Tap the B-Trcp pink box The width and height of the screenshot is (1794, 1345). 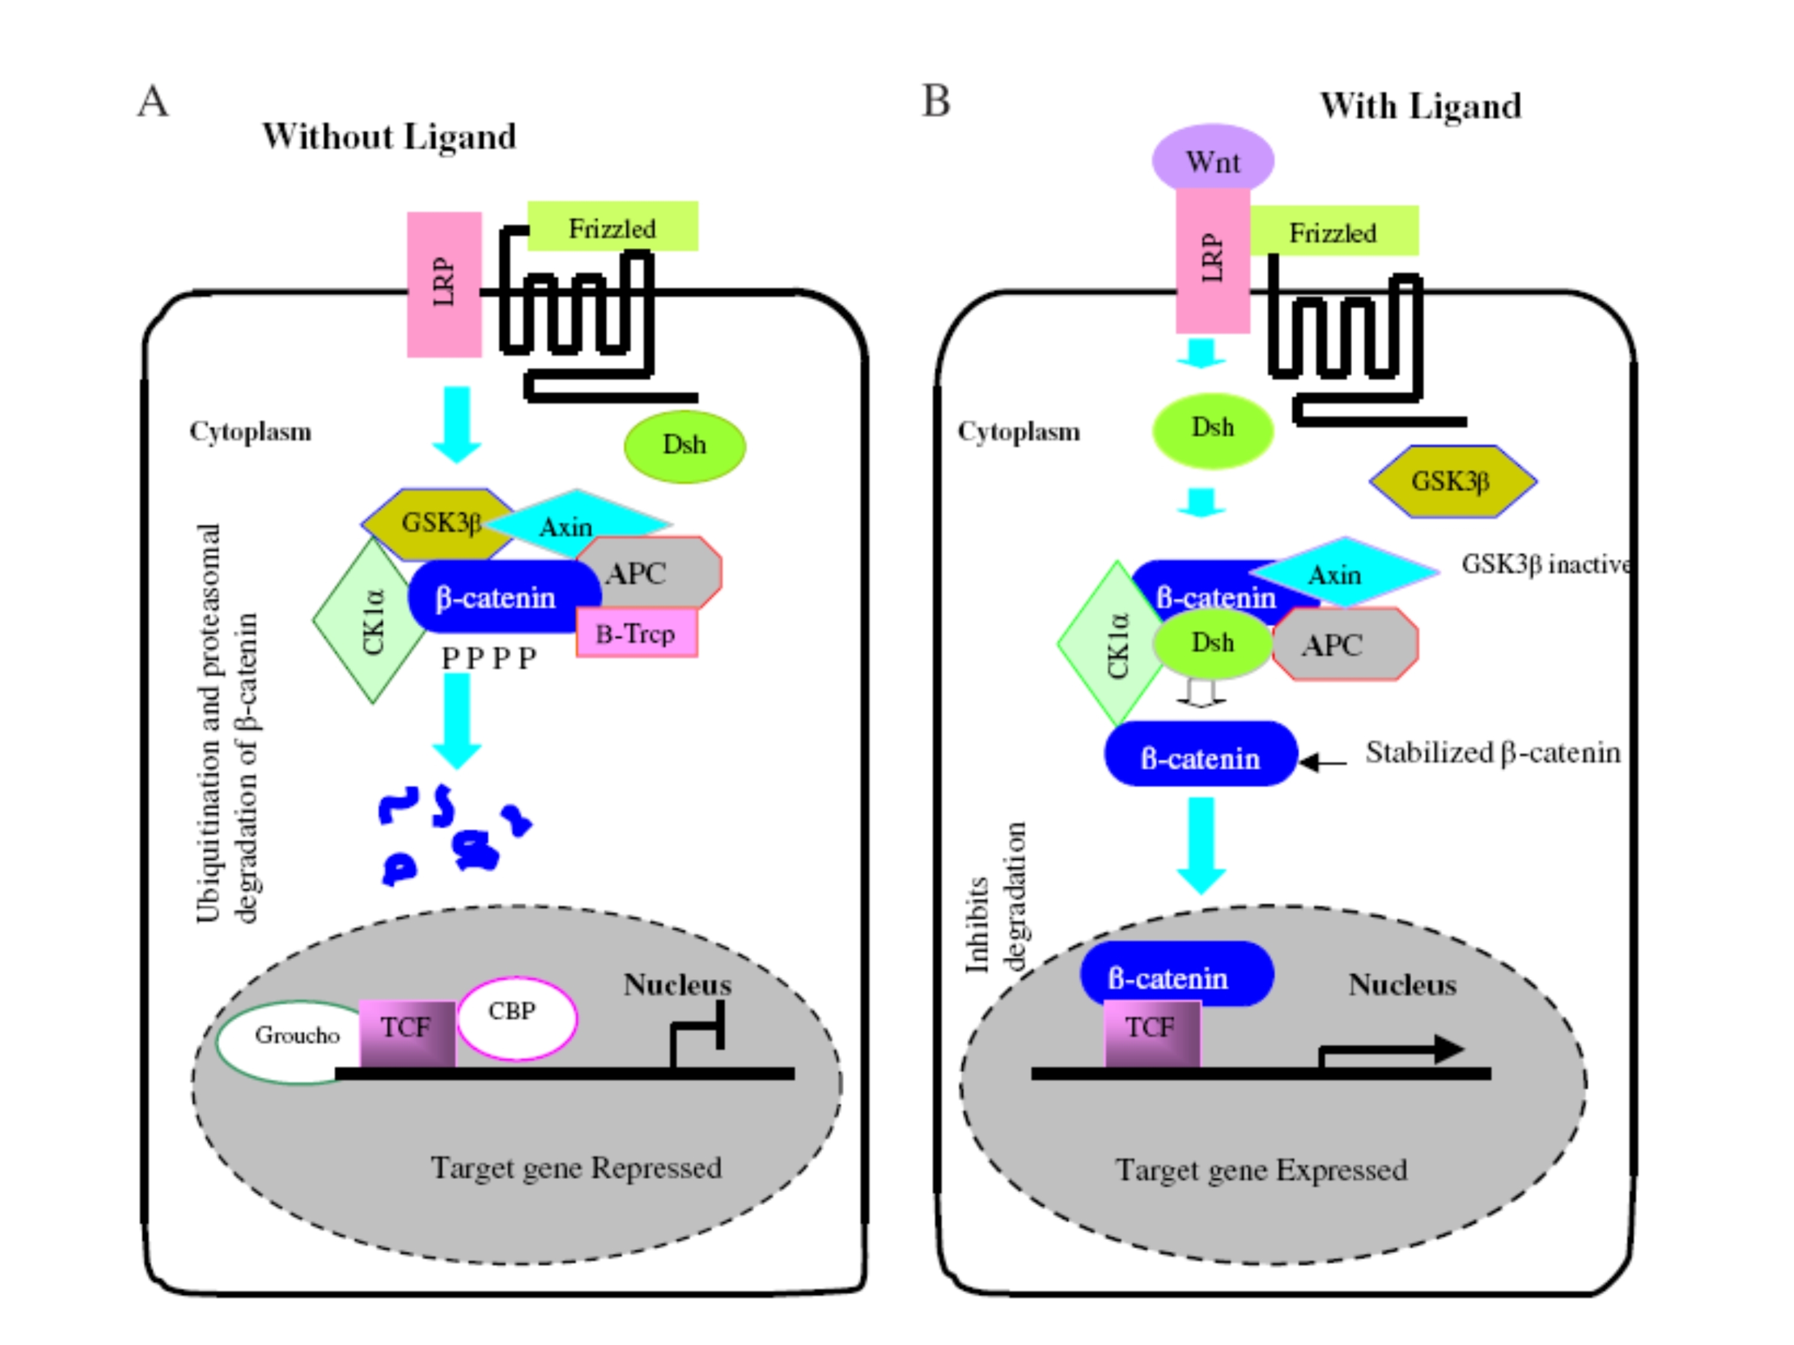pyautogui.click(x=637, y=633)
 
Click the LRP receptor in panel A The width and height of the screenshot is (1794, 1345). pyautogui.click(x=444, y=284)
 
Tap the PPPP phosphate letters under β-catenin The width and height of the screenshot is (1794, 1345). pyautogui.click(x=488, y=658)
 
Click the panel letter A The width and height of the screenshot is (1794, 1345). pyautogui.click(x=153, y=102)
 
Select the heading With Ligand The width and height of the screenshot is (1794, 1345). pyautogui.click(x=1420, y=106)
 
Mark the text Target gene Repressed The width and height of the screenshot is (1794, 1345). pyautogui.click(x=576, y=1167)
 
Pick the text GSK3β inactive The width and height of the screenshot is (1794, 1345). pyautogui.click(x=1545, y=564)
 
